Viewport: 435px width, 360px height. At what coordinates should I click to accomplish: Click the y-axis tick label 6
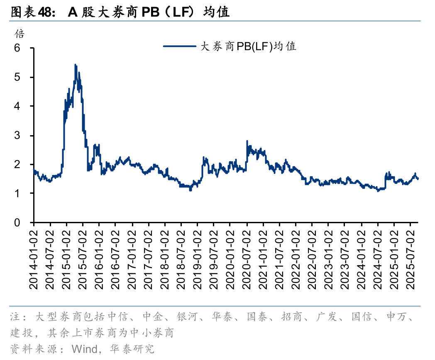pos(17,48)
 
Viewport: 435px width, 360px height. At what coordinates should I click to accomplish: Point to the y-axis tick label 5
pos(17,77)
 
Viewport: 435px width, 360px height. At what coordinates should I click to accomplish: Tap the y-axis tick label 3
pos(17,136)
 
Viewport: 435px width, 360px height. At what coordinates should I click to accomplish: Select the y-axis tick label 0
pos(17,223)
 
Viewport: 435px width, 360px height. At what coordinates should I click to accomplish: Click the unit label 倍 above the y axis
pos(20,34)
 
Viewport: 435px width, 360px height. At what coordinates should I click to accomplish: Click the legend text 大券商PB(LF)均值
pos(248,46)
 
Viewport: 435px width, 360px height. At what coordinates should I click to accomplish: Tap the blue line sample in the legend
pos(180,46)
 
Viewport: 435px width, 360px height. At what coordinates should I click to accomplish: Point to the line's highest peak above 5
pos(75,65)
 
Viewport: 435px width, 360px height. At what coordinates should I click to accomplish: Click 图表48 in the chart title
pos(32,12)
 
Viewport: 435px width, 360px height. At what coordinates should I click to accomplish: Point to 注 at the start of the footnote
pos(15,318)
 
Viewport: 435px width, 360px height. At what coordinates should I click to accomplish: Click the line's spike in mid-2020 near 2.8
pos(247,141)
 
